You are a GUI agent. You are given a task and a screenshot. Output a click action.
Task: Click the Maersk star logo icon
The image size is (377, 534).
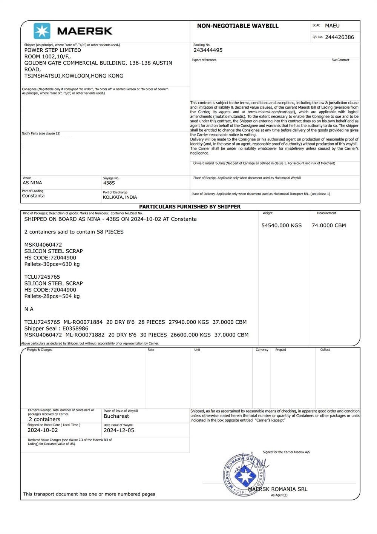42,31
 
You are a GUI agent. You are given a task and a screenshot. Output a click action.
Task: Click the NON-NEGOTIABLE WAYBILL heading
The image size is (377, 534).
238,26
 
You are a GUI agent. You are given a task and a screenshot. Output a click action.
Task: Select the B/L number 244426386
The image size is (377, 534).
339,37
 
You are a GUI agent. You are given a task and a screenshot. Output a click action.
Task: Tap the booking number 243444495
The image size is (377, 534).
208,50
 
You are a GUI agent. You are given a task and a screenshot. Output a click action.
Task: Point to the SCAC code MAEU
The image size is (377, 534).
332,26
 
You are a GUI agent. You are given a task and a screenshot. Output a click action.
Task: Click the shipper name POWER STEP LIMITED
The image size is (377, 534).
52,50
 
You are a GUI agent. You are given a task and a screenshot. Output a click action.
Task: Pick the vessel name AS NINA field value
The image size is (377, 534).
32,183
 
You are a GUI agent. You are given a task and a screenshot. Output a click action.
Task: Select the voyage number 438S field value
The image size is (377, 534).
109,183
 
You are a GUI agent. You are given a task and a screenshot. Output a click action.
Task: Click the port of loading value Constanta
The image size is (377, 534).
33,196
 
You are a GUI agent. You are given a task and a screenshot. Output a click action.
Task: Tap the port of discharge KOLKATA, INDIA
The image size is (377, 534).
120,197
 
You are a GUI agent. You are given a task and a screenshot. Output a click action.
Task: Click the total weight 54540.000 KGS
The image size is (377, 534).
282,225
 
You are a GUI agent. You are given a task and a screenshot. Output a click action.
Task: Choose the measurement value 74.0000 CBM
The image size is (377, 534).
329,225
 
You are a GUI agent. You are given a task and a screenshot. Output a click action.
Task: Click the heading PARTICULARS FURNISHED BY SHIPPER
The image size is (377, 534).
190,207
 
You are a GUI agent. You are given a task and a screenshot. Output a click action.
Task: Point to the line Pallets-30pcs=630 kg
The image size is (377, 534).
52,264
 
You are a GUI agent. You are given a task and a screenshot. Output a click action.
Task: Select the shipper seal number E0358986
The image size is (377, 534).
75,329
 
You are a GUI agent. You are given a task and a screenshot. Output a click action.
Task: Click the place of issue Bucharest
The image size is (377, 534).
116,416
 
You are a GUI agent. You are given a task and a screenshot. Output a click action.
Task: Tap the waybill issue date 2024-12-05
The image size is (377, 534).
119,430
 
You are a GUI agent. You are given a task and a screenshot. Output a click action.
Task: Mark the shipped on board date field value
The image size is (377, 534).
43,430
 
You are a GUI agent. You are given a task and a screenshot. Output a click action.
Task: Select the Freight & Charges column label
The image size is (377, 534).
40,350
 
